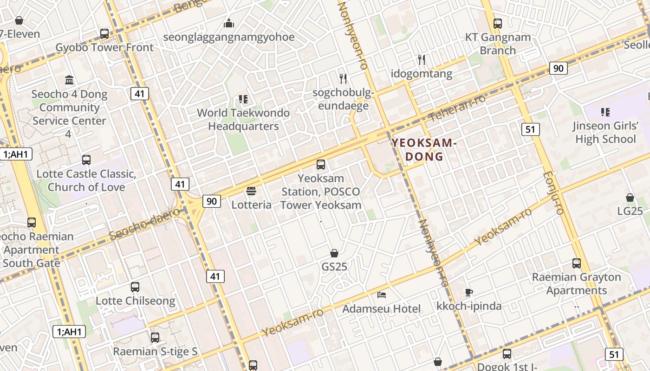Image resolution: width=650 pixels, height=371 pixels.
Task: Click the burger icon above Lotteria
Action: (251, 191)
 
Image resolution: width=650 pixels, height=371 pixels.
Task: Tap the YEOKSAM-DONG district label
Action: (424, 149)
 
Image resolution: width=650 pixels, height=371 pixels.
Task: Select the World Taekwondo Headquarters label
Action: (243, 119)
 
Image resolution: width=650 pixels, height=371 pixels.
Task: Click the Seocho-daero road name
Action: (144, 224)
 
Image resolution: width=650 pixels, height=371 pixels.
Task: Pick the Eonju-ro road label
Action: (552, 193)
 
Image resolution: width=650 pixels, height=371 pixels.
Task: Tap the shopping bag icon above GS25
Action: (334, 253)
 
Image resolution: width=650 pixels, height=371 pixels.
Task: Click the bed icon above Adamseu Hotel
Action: (382, 295)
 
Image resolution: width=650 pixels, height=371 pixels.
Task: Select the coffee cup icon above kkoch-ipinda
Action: (469, 292)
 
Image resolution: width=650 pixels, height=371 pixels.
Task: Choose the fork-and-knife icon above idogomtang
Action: (421, 60)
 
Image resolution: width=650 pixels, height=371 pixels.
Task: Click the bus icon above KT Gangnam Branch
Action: (498, 23)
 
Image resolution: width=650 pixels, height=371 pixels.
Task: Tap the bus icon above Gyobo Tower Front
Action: (104, 33)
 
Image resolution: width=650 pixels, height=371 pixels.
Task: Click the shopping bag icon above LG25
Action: (630, 198)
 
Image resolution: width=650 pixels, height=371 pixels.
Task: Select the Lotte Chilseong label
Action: (135, 301)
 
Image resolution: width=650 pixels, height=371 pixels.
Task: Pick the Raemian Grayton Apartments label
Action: (576, 283)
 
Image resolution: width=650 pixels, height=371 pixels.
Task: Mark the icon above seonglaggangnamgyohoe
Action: (229, 23)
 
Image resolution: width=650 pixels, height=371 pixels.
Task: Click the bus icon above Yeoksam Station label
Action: (320, 164)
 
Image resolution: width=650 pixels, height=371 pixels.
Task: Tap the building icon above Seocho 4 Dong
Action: (69, 80)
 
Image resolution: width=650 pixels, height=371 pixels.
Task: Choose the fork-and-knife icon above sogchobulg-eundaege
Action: (343, 78)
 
